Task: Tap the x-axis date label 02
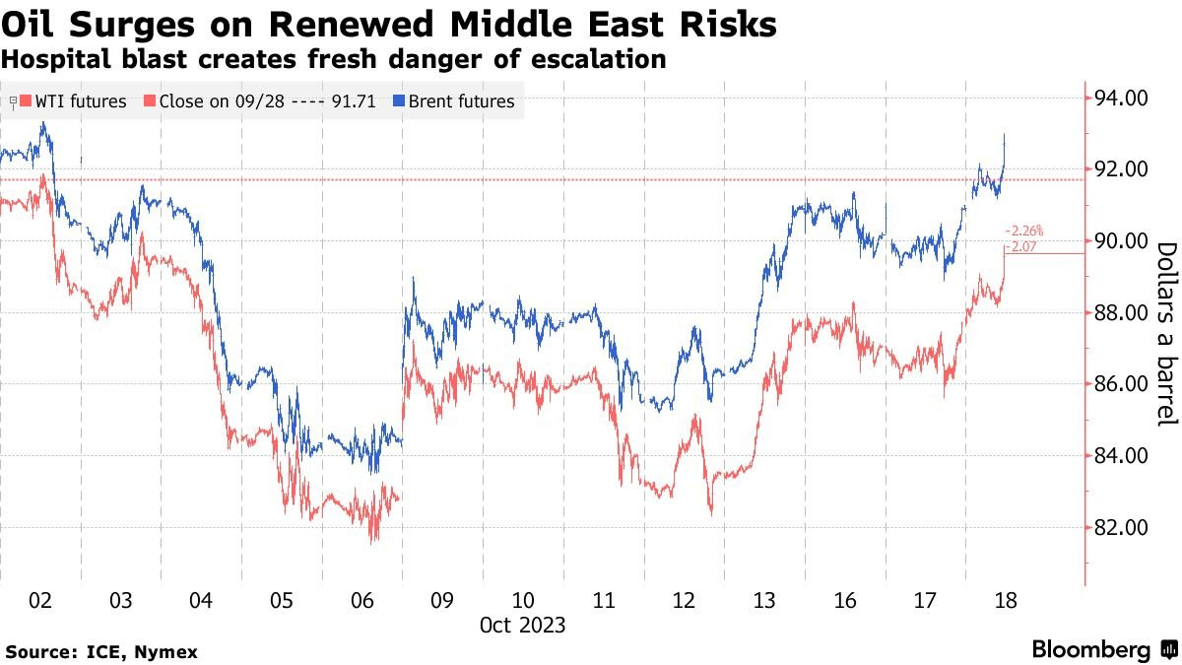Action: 39,600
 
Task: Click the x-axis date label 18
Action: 1005,600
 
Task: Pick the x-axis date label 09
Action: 441,600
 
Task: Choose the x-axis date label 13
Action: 763,600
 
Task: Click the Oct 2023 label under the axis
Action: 522,625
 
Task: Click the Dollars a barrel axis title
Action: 1166,334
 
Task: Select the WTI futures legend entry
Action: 80,100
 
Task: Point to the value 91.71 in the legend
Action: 352,100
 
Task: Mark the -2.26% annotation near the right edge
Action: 1024,232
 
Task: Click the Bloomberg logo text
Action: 1090,650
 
